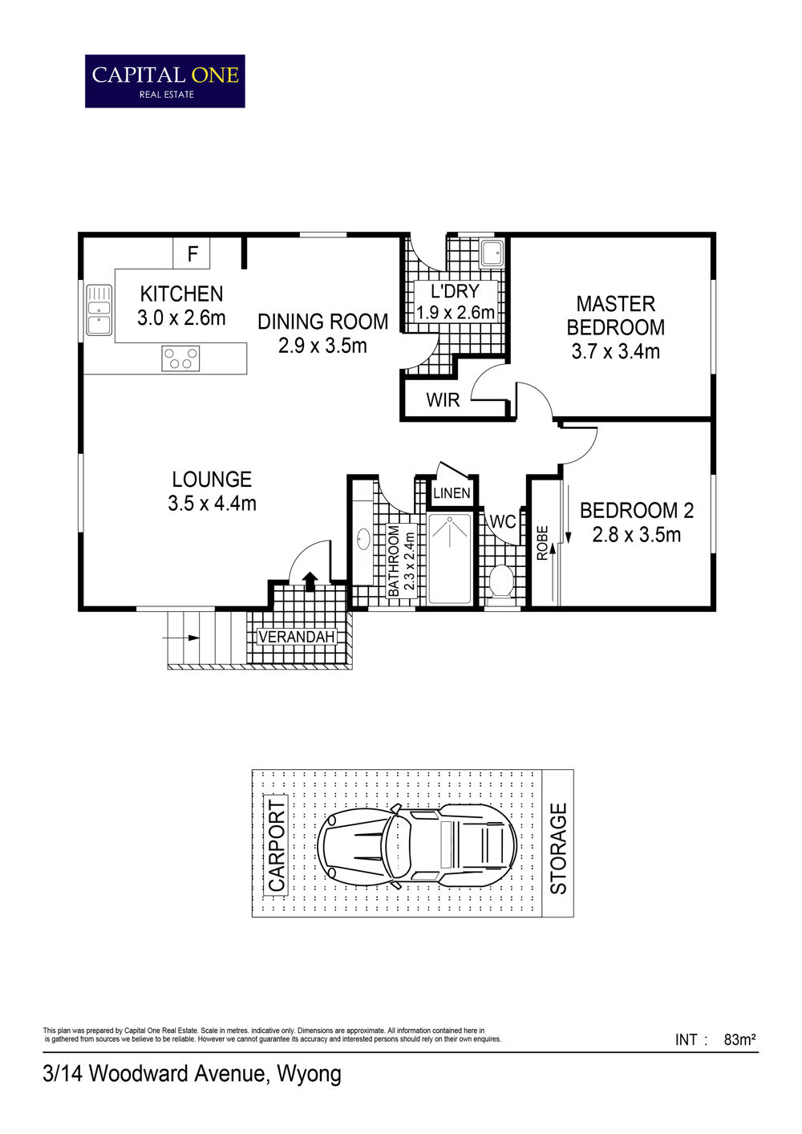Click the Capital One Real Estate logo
click(x=165, y=81)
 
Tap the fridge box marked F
click(x=192, y=253)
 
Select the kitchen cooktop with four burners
click(x=180, y=358)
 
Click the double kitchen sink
click(x=99, y=310)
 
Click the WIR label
click(x=443, y=400)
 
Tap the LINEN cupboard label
click(x=452, y=492)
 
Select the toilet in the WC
click(x=502, y=581)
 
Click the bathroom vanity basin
click(x=363, y=539)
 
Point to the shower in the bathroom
click(x=450, y=559)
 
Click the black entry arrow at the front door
click(x=310, y=581)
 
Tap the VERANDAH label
click(x=296, y=637)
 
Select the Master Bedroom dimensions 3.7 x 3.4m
click(x=616, y=351)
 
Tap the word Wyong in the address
click(x=310, y=1076)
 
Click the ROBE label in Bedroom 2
click(x=542, y=543)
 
